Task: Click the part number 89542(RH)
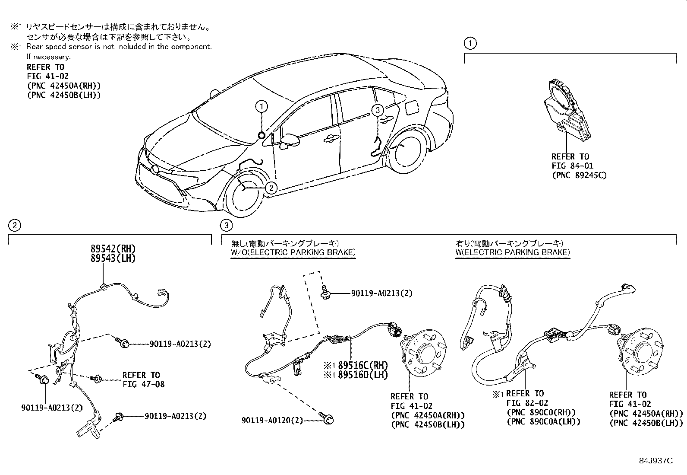[113, 249]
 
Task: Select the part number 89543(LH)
[113, 258]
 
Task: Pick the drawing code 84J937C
[656, 460]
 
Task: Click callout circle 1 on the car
[262, 106]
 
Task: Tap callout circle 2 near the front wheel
[271, 188]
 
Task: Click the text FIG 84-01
[572, 166]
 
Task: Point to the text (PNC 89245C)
[579, 175]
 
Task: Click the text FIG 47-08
[143, 384]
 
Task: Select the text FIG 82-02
[527, 403]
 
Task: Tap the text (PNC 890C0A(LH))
[543, 421]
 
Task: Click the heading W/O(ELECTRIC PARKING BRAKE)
[293, 252]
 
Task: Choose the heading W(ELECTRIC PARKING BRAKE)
[513, 252]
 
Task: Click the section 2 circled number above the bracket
[14, 225]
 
